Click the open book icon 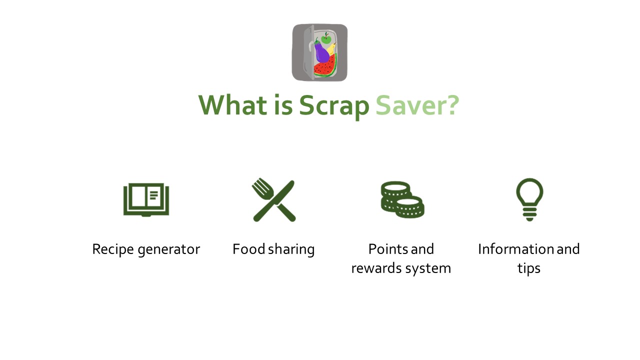(x=146, y=199)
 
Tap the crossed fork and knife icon (x=273, y=199)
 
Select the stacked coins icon (x=402, y=199)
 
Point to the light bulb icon (x=529, y=199)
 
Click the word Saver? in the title (x=417, y=105)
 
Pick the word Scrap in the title (x=334, y=107)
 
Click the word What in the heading (x=232, y=105)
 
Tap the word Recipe (x=113, y=249)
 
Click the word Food (x=249, y=249)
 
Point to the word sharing (x=291, y=249)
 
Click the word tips (x=529, y=269)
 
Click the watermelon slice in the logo (x=325, y=66)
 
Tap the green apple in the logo (x=326, y=38)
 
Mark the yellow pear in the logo (x=331, y=49)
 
